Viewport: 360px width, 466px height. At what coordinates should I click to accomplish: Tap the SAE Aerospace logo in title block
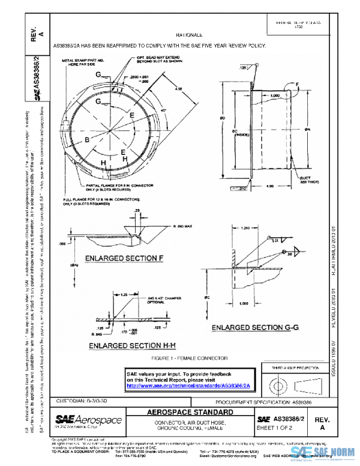88,420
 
